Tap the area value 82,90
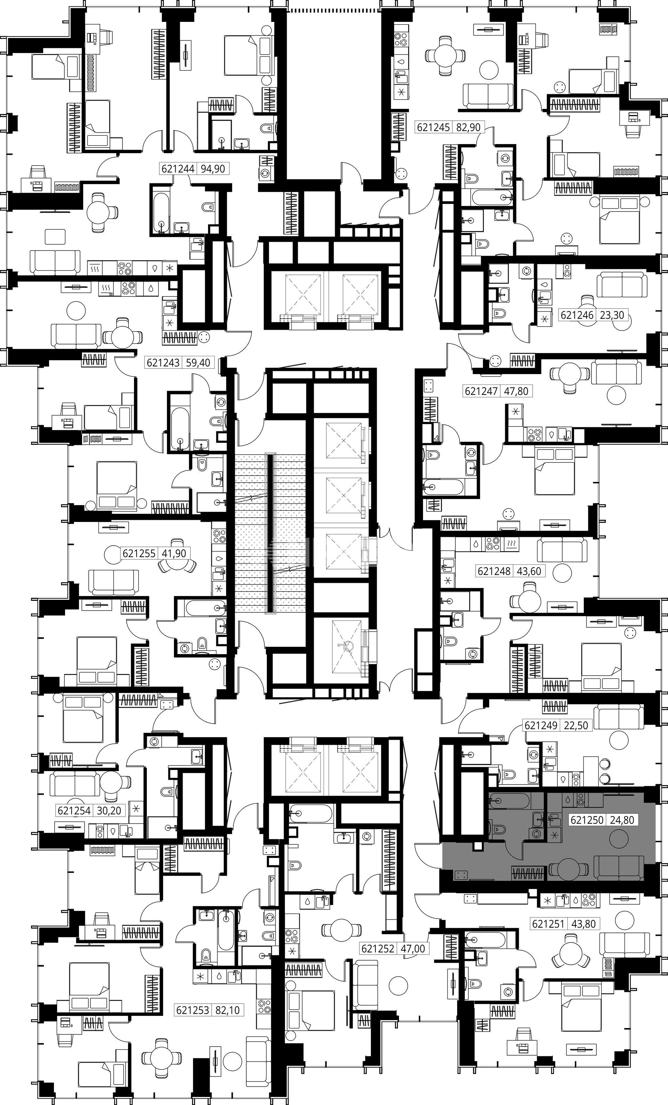click(468, 127)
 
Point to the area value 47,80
click(516, 391)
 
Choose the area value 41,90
click(174, 554)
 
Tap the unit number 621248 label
click(494, 571)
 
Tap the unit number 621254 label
click(74, 810)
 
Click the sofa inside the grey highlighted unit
click(619, 867)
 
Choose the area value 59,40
click(198, 362)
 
